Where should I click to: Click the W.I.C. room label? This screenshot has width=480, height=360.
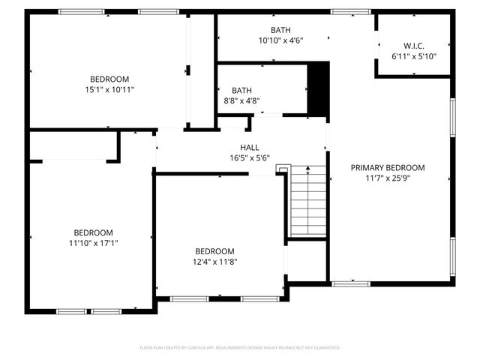(x=413, y=46)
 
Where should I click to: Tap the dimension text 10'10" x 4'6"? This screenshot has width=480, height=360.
(x=280, y=40)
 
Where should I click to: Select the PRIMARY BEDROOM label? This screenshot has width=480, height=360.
(x=388, y=167)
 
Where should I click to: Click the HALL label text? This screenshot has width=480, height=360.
(x=250, y=147)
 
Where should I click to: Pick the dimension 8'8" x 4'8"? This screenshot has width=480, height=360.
(x=241, y=100)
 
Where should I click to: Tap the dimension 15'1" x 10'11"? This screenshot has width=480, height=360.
(x=109, y=89)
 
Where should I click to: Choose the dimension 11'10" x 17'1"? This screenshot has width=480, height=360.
(x=93, y=242)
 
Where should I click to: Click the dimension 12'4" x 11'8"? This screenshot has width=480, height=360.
(x=214, y=261)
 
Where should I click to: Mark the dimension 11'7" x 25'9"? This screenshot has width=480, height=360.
(x=388, y=178)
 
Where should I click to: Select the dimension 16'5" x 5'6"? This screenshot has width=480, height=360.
(x=250, y=157)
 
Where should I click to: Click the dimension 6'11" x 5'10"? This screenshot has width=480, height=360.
(x=413, y=56)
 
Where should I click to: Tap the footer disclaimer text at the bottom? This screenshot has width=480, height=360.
(x=240, y=348)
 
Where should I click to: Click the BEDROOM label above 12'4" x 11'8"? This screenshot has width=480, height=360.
(x=214, y=250)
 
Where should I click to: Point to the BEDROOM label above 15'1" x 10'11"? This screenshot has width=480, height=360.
(x=109, y=79)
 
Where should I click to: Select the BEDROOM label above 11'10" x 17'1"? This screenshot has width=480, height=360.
(x=93, y=232)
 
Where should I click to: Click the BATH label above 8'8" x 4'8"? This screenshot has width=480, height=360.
(x=241, y=90)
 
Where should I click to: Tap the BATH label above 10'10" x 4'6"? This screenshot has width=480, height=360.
(x=280, y=30)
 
